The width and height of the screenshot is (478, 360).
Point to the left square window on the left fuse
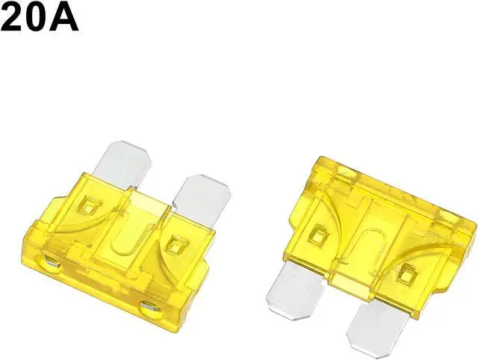point(89,205)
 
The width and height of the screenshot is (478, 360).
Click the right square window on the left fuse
point(177,244)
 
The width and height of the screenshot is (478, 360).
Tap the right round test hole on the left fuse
point(152,308)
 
